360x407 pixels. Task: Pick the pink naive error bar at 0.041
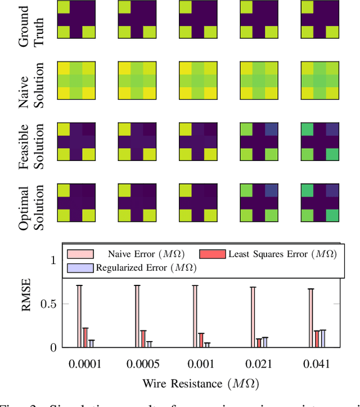[311, 318]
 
